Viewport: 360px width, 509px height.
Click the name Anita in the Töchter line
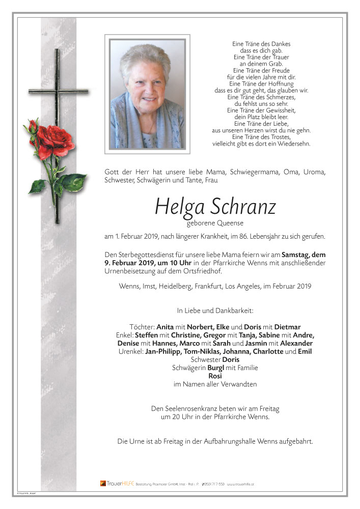(165, 327)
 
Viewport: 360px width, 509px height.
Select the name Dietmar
(288, 327)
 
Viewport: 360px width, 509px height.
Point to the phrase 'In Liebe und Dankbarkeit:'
(215, 310)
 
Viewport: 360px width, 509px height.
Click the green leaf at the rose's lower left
(37, 186)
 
